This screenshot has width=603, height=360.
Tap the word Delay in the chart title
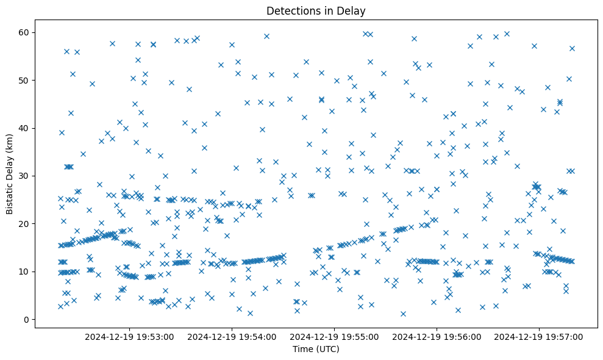click(353, 10)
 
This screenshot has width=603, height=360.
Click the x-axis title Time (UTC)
click(316, 349)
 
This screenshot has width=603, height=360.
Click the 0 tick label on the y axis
click(27, 319)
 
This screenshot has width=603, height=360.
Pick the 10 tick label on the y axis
click(24, 272)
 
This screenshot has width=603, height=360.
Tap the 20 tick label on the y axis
click(24, 224)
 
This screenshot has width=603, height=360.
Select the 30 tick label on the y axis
click(24, 176)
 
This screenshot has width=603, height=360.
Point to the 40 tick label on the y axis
click(24, 128)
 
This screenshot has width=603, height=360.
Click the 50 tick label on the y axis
click(24, 80)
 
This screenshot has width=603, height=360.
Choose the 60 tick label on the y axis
click(24, 32)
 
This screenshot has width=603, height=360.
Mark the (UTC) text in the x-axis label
click(327, 349)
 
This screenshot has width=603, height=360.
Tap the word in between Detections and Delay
click(328, 10)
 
